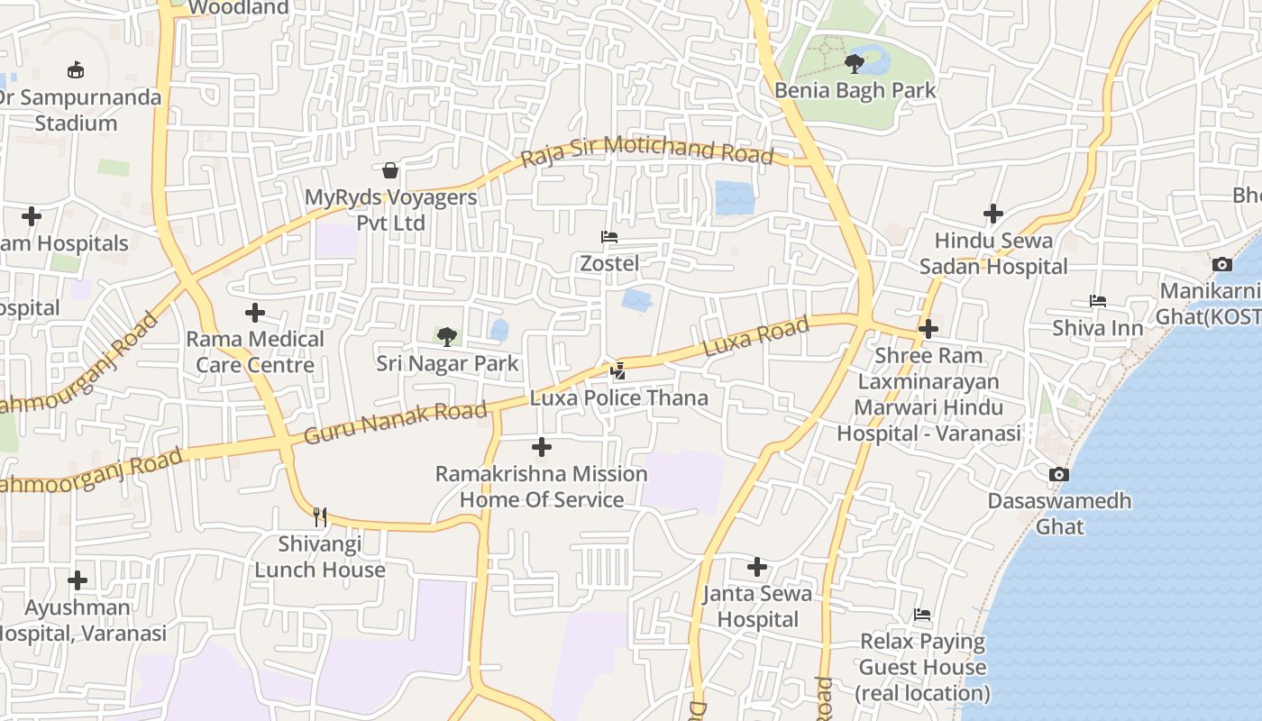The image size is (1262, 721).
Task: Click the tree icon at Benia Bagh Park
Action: pyautogui.click(x=854, y=63)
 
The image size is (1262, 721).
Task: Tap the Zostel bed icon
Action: pyautogui.click(x=609, y=238)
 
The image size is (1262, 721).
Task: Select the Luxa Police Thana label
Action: pyautogui.click(x=618, y=397)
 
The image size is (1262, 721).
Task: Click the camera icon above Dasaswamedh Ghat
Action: pyautogui.click(x=1059, y=474)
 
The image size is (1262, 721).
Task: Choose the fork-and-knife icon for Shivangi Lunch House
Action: pyautogui.click(x=320, y=517)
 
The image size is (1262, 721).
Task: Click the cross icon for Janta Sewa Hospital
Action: pyautogui.click(x=757, y=567)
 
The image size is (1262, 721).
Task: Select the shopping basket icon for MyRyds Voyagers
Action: pyautogui.click(x=390, y=170)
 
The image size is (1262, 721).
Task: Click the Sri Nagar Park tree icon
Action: pyautogui.click(x=446, y=337)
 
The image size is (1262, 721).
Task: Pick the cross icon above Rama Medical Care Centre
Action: pyautogui.click(x=255, y=313)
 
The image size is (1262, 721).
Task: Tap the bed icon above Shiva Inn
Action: pyautogui.click(x=1097, y=301)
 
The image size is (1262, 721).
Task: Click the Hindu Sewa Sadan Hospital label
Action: pyautogui.click(x=993, y=253)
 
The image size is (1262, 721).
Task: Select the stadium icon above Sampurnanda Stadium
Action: pyautogui.click(x=77, y=69)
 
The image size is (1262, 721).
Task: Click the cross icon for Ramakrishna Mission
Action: pyautogui.click(x=542, y=447)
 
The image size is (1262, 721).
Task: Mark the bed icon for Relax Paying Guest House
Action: pyautogui.click(x=922, y=616)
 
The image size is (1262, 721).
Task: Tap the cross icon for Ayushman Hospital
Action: pyautogui.click(x=78, y=580)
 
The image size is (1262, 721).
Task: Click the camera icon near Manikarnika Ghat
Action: pyautogui.click(x=1222, y=264)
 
